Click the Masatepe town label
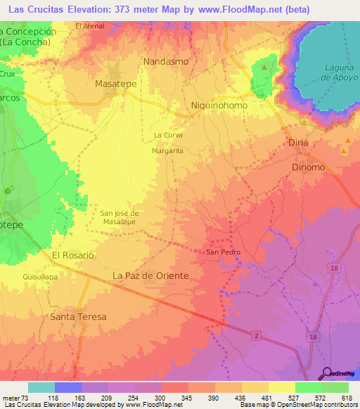point(115,83)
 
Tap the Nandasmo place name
point(166,62)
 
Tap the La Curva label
point(168,135)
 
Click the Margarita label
point(167,151)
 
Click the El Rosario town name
point(72,256)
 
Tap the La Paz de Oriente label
point(150,276)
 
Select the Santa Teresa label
point(78,317)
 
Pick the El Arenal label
point(90,26)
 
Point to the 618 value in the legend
point(345,398)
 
